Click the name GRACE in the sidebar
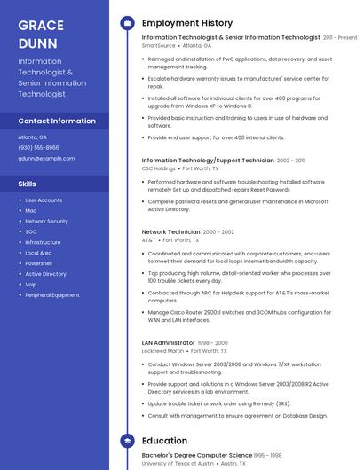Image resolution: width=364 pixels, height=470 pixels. click(x=40, y=25)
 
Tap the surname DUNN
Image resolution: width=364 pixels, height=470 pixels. click(x=37, y=43)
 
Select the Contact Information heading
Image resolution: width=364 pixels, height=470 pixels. click(x=57, y=121)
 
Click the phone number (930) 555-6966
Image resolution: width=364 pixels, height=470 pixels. click(x=38, y=147)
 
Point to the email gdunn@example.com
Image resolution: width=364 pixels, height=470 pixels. click(x=46, y=158)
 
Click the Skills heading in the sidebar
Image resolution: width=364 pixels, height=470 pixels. click(x=28, y=184)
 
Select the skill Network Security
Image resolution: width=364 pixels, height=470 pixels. click(x=46, y=221)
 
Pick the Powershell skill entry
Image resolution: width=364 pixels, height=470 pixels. click(x=38, y=263)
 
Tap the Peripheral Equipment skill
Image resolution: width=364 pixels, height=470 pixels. click(x=52, y=295)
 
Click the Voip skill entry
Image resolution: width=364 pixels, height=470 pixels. click(x=31, y=285)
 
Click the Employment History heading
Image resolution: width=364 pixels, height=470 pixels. click(x=187, y=23)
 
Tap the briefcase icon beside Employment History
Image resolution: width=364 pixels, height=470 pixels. click(x=127, y=23)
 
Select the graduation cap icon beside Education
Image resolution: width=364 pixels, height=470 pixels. click(x=127, y=441)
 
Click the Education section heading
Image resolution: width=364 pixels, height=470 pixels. click(x=164, y=441)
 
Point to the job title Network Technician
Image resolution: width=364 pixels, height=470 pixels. click(x=171, y=231)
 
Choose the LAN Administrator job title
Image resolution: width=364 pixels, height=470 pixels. click(x=168, y=342)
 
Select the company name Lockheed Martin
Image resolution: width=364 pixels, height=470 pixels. click(x=163, y=350)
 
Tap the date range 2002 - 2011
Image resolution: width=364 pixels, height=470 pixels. click(x=290, y=161)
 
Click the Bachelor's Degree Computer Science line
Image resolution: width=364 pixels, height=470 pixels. click(x=197, y=455)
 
